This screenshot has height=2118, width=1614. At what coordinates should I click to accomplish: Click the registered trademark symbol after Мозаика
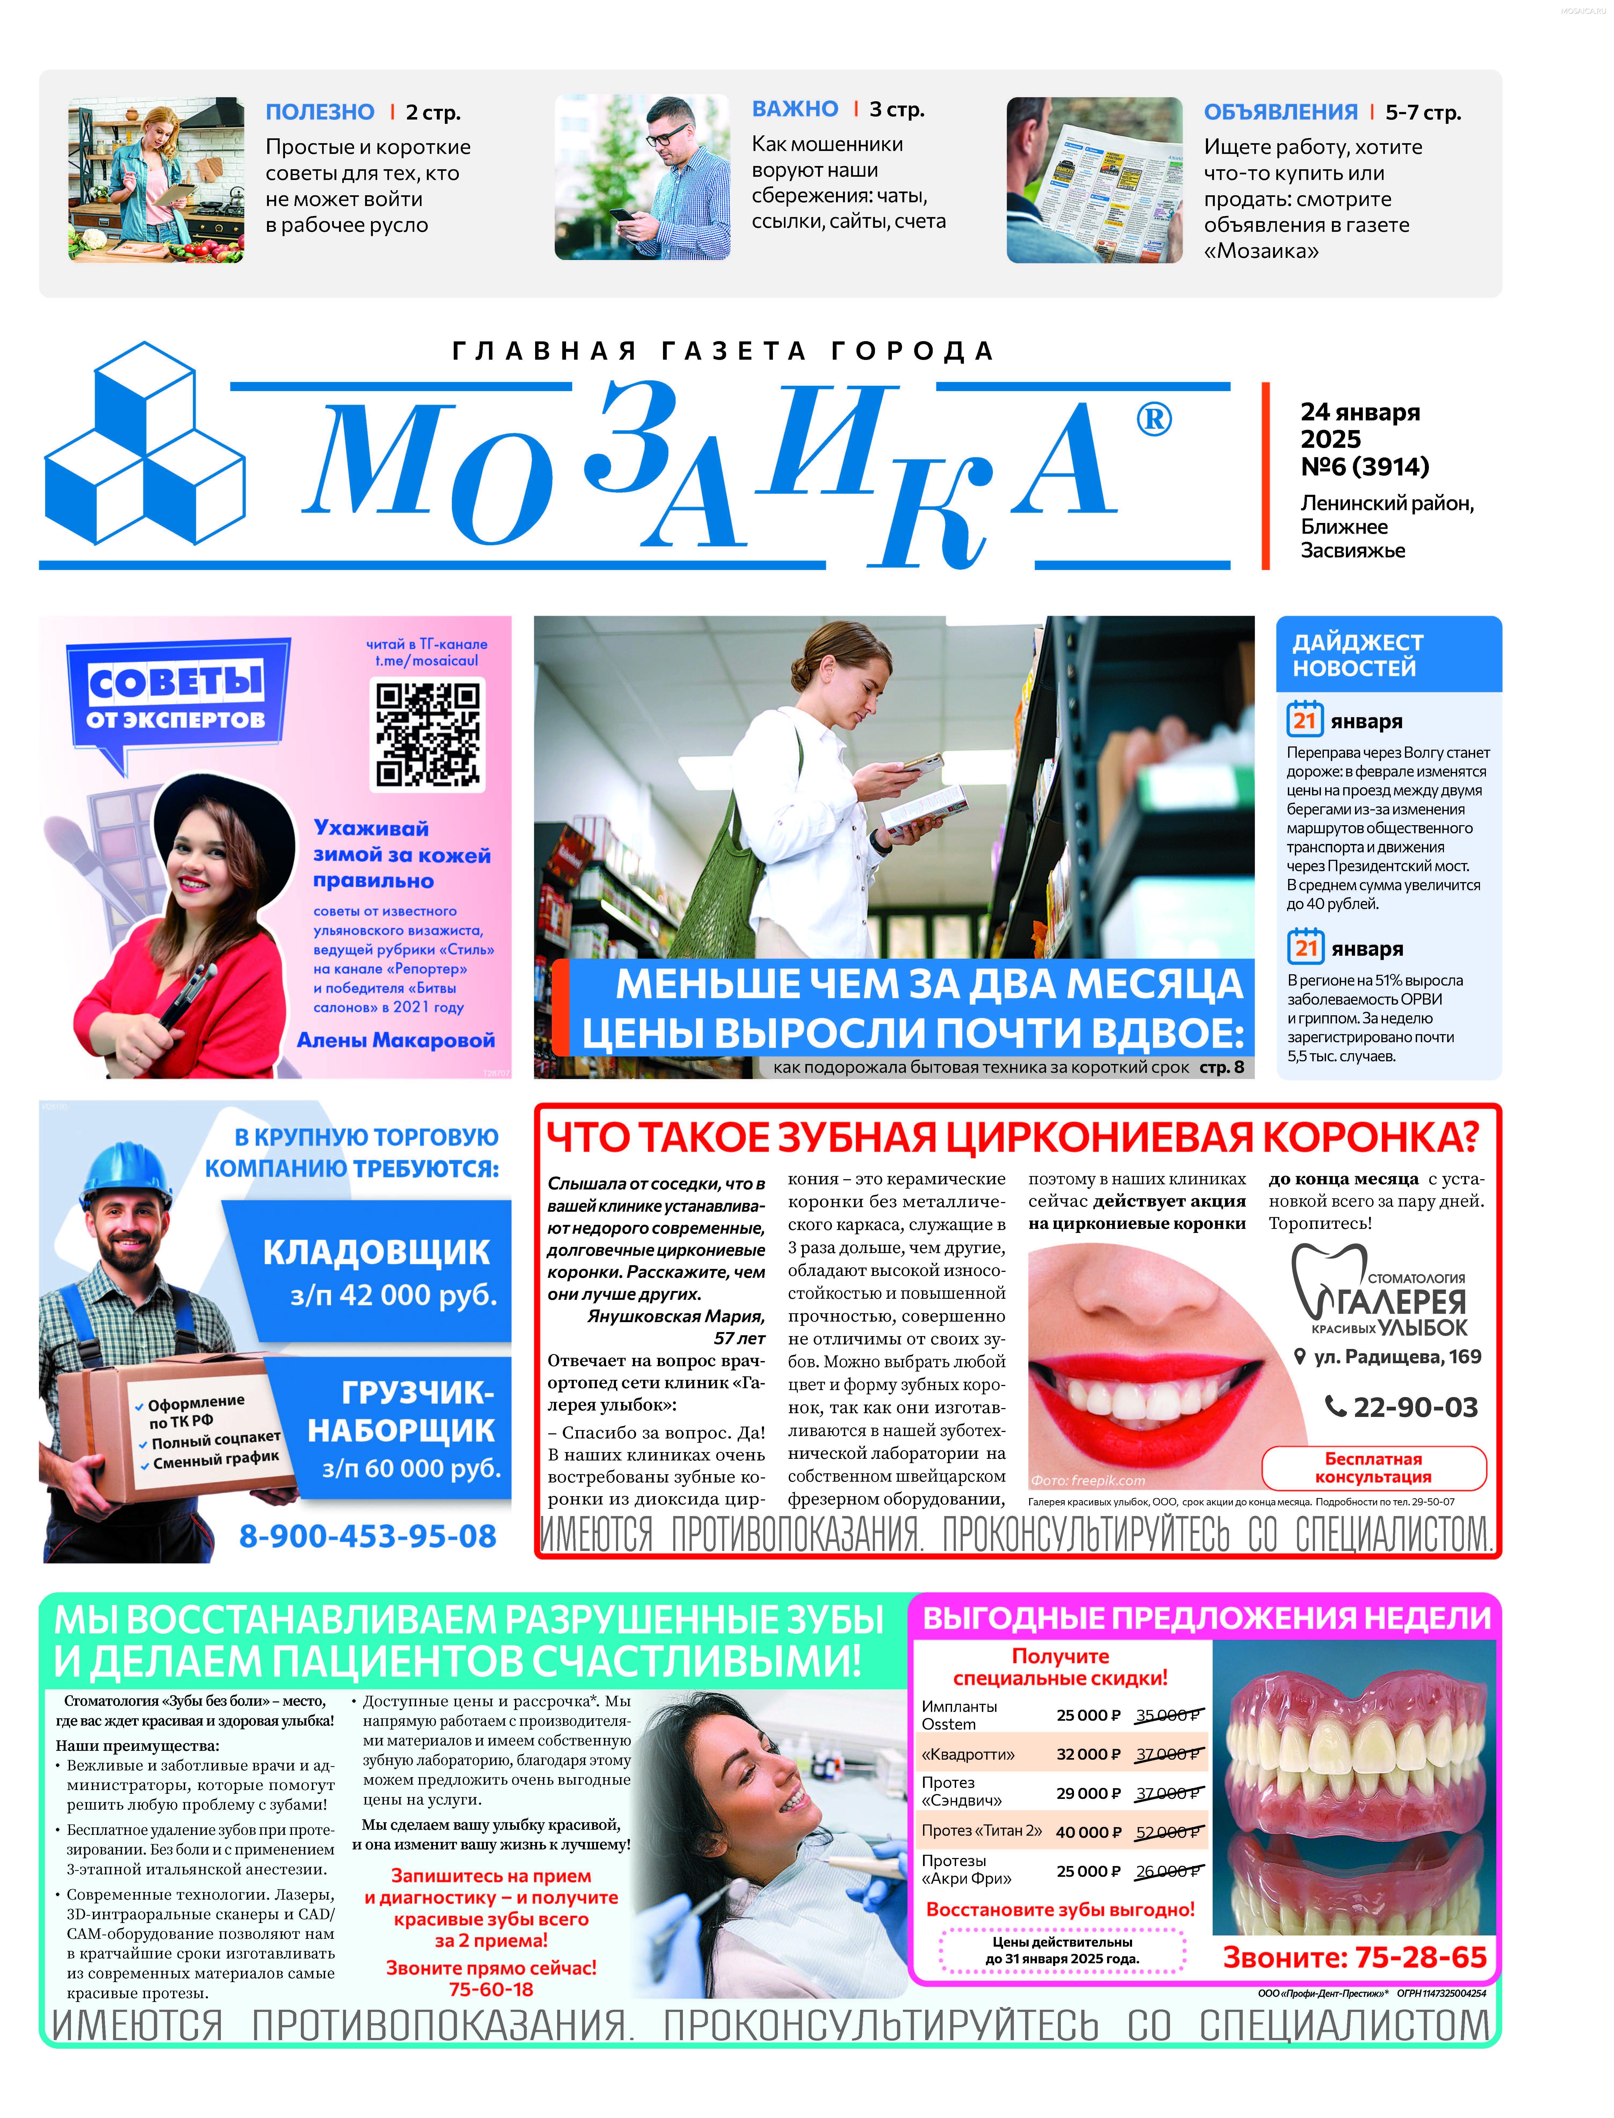click(x=1154, y=420)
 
